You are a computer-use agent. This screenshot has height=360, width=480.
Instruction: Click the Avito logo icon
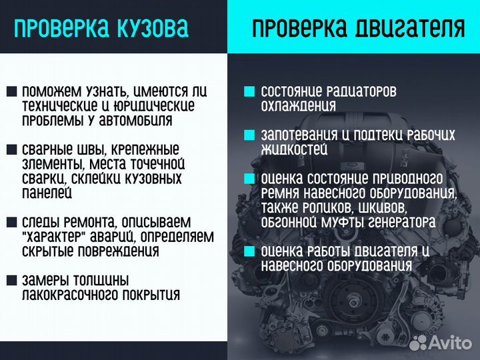pyautogui.click(x=419, y=342)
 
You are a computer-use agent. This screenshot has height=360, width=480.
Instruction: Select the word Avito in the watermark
pyautogui.click(x=451, y=343)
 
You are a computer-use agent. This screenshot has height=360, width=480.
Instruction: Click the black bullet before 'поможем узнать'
pyautogui.click(x=12, y=91)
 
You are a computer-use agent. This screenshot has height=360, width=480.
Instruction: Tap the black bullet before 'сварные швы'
pyautogui.click(x=12, y=149)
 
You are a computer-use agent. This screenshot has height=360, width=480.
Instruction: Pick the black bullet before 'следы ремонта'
pyautogui.click(x=12, y=221)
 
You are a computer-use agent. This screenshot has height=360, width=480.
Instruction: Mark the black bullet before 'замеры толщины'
pyautogui.click(x=12, y=280)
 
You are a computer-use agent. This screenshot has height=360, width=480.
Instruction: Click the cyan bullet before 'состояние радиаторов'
pyautogui.click(x=249, y=91)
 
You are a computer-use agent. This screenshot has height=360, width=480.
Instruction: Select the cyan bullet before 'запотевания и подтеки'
pyautogui.click(x=249, y=135)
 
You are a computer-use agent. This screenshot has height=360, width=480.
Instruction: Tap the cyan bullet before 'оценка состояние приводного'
pyautogui.click(x=249, y=179)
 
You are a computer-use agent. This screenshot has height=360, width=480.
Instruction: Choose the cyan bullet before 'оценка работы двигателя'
pyautogui.click(x=249, y=251)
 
